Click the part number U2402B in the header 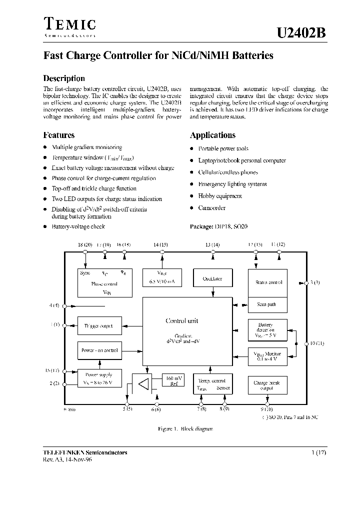click(301, 33)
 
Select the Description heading click(64, 78)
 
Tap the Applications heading click(212, 135)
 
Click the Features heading click(59, 135)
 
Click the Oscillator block click(212, 278)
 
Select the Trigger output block click(98, 326)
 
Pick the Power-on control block click(99, 350)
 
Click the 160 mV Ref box click(172, 381)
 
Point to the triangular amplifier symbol click(144, 384)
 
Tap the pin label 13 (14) click(212, 244)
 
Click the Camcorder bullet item click(211, 208)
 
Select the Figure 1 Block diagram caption click(178, 429)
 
